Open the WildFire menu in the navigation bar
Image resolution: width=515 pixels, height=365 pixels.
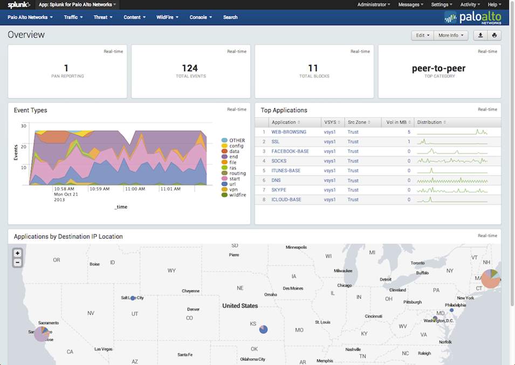[x=167, y=17]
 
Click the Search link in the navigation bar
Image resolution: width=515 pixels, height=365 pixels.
[x=230, y=17]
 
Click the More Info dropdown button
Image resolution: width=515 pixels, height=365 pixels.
[x=450, y=36]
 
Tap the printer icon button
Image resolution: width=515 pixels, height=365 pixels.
[x=495, y=36]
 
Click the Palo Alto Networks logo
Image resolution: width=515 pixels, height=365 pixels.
[x=473, y=18]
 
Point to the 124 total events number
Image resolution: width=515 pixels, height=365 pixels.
[x=190, y=68]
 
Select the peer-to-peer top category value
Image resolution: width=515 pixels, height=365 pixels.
[x=438, y=68]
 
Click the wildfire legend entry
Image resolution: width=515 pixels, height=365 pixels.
[x=237, y=195]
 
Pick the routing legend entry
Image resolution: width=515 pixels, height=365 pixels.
[x=237, y=173]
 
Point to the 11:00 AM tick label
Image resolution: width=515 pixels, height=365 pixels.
[x=135, y=189]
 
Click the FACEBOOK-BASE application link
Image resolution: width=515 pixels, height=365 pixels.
[x=290, y=151]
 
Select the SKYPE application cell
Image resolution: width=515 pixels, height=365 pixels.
[x=279, y=190]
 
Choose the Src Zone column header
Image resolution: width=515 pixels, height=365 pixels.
[x=358, y=122]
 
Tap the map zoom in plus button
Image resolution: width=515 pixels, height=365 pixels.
[x=18, y=253]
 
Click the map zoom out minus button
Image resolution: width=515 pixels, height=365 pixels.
[x=18, y=263]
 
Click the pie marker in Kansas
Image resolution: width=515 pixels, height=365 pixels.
[x=263, y=329]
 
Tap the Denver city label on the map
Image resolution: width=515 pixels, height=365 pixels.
[x=193, y=309]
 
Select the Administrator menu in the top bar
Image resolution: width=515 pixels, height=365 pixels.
[x=373, y=4]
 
